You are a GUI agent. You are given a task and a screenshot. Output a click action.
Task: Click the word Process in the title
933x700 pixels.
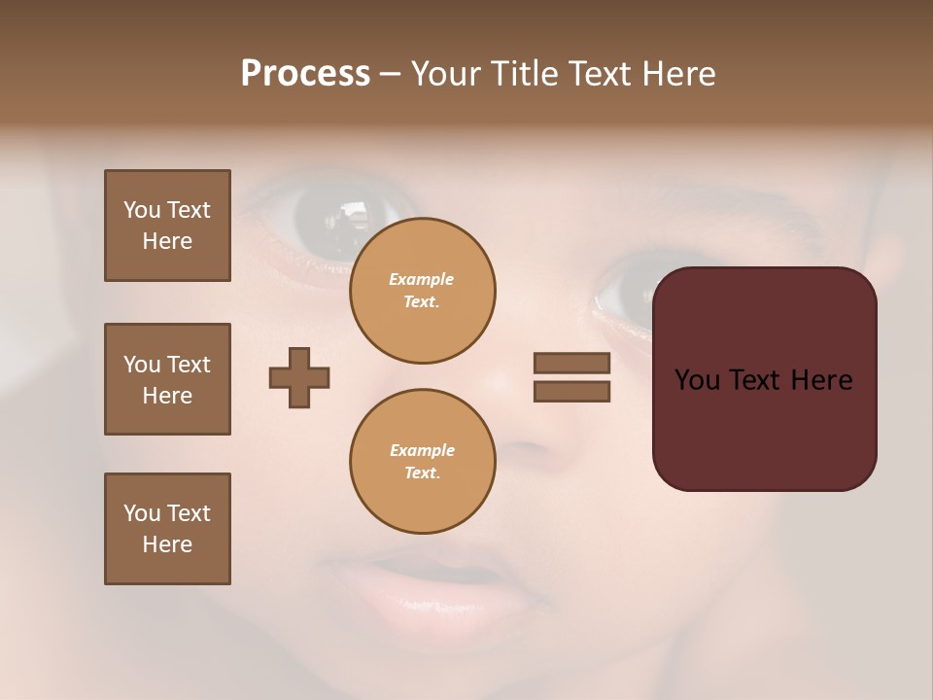coord(305,74)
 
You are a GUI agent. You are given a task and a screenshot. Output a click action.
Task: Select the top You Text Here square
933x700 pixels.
coord(167,226)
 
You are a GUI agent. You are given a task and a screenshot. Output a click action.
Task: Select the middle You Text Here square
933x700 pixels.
coord(167,379)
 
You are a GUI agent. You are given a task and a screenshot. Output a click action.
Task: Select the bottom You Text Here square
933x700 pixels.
coord(167,529)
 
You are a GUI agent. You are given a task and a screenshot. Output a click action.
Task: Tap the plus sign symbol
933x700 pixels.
coord(299,377)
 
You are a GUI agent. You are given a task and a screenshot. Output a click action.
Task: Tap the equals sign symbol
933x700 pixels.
coord(571,377)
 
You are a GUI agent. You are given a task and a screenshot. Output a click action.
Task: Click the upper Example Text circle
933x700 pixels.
coord(422,291)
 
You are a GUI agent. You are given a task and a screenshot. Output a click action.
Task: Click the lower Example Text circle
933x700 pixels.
coord(422,462)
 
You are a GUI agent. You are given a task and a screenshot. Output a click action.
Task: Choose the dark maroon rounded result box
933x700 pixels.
coord(764,379)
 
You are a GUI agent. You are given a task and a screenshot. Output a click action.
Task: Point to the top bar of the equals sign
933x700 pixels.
coord(571,364)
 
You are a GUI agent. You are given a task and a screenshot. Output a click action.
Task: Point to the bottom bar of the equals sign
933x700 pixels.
coord(571,391)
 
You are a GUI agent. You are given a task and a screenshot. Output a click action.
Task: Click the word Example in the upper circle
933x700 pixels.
coord(422,279)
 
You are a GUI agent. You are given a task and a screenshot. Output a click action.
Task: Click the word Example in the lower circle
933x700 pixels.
coord(422,450)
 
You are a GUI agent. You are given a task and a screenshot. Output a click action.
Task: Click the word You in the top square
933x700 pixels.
coord(142,210)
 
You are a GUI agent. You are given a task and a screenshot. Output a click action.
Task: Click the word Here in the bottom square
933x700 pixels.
coord(167,544)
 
